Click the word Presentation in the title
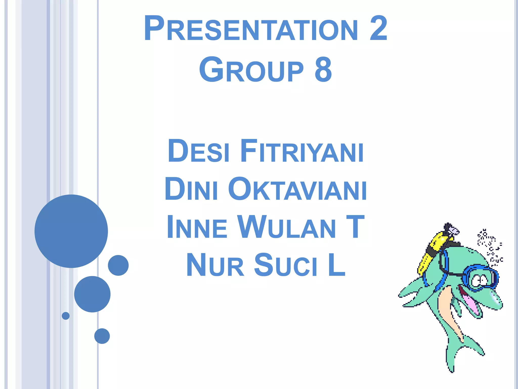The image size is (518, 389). point(250,28)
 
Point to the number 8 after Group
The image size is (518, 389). point(323,70)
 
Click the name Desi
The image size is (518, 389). point(199,151)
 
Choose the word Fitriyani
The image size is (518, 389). point(302,151)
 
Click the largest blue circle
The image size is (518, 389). point(71,231)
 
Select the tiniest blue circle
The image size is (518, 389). point(66,316)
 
